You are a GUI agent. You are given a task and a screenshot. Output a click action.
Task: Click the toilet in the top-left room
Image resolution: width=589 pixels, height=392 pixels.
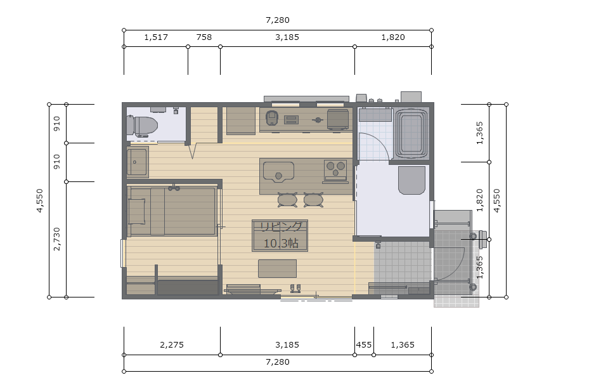tap(142, 126)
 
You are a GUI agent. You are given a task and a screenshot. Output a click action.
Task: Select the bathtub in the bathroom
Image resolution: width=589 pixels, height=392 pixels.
tap(411, 133)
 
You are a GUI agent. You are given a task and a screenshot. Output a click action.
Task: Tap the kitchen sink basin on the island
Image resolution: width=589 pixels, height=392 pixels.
tap(278, 172)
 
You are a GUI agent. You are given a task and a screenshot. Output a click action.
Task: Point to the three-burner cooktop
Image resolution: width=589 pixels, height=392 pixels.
tap(335, 170)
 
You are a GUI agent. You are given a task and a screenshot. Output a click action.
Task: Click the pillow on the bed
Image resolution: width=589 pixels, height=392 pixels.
tap(137, 211)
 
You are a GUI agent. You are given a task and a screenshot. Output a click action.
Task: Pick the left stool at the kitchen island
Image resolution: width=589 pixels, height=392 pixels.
tap(287, 200)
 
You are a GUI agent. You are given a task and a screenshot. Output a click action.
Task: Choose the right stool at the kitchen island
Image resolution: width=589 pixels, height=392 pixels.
tap(313, 200)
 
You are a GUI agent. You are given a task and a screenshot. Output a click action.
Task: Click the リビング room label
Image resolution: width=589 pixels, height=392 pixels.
tap(281, 226)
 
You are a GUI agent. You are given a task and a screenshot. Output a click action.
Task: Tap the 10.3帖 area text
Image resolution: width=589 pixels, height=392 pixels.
tap(281, 244)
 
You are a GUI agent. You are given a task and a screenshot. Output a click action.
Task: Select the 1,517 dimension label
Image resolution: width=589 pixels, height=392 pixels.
tap(156, 37)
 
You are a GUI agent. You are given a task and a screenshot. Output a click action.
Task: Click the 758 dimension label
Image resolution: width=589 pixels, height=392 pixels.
tap(204, 37)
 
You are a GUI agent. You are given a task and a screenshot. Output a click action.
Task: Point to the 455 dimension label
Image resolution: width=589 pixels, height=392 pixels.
tap(364, 344)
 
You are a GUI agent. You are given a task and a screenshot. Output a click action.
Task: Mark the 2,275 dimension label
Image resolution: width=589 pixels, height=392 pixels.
tap(172, 344)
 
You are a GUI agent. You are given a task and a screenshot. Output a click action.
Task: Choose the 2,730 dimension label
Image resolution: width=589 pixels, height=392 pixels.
tap(56, 239)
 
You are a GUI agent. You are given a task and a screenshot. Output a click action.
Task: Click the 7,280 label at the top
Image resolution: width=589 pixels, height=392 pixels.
tap(278, 20)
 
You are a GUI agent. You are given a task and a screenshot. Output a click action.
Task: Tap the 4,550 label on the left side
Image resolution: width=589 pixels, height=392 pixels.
tap(40, 200)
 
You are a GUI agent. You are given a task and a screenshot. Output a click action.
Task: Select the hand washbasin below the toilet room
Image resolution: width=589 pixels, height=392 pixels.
tap(138, 162)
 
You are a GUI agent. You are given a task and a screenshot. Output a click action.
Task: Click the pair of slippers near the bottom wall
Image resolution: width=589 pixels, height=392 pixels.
tap(295, 288)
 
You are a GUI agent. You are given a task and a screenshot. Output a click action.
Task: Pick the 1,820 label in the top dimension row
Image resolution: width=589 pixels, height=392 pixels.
tap(393, 37)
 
